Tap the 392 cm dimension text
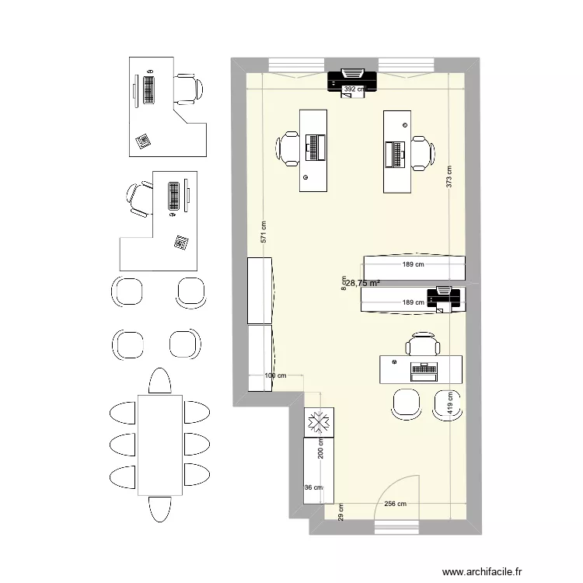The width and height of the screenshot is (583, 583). (x=354, y=89)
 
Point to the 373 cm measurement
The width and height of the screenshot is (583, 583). (x=449, y=177)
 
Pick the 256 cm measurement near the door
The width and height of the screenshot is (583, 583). (x=395, y=504)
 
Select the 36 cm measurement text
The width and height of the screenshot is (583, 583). (x=313, y=488)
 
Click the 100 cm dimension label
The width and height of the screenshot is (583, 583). (x=275, y=376)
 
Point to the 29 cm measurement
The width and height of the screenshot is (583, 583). (x=340, y=512)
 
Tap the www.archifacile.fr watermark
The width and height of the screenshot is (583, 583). (x=504, y=569)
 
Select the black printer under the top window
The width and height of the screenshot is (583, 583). (x=352, y=78)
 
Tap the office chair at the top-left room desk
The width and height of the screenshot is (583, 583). (x=288, y=148)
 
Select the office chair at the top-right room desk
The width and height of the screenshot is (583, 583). (x=422, y=152)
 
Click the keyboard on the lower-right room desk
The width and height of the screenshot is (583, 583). (x=424, y=370)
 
